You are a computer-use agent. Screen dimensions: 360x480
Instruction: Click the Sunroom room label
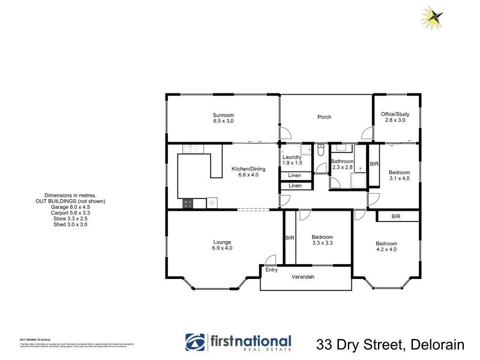point(223,115)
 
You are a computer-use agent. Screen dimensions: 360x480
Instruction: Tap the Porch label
point(325,117)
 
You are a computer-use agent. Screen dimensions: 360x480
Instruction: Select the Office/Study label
point(395,114)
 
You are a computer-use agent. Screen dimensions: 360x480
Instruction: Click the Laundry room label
point(292,157)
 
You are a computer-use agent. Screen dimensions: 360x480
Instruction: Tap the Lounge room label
point(222,242)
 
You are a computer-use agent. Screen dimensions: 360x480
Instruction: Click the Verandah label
point(303,277)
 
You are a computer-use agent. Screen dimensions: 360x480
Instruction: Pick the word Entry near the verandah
point(272,269)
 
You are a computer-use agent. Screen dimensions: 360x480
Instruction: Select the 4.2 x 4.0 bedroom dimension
point(386,250)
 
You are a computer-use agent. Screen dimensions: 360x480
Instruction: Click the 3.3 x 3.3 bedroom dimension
point(323,244)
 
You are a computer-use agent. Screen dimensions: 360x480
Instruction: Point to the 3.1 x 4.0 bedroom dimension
point(399,178)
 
